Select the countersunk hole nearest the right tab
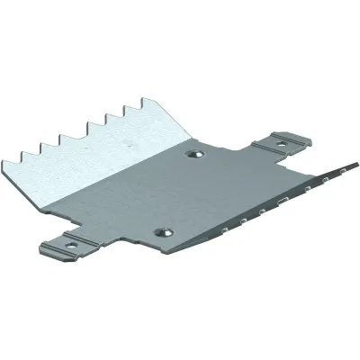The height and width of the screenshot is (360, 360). [193, 157]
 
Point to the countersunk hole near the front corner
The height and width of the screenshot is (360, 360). [166, 233]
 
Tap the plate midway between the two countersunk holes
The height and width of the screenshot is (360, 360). [180, 194]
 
